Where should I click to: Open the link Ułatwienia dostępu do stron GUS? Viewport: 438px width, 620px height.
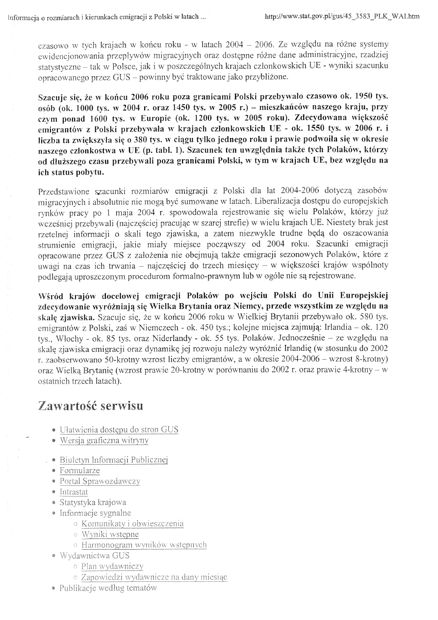click(x=119, y=429)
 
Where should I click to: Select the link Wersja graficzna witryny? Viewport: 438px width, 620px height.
click(x=104, y=440)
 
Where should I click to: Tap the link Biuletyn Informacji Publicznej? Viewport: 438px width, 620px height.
click(x=114, y=460)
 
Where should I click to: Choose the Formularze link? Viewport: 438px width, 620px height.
click(x=79, y=471)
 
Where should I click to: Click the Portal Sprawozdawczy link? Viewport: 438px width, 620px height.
click(x=100, y=481)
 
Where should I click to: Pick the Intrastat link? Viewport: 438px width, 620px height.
click(x=74, y=491)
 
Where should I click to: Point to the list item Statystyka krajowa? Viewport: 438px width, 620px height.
click(x=93, y=502)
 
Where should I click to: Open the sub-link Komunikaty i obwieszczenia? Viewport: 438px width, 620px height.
click(x=132, y=524)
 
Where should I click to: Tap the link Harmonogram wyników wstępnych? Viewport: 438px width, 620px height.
click(x=144, y=545)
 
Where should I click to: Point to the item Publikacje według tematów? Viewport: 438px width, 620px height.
click(x=108, y=588)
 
